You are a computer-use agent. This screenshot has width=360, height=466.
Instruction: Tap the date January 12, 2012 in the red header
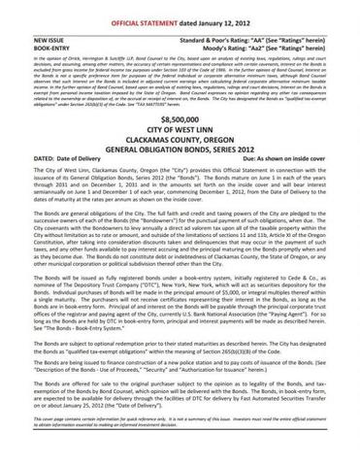click(226, 10)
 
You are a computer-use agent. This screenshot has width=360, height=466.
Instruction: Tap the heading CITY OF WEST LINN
click(180, 125)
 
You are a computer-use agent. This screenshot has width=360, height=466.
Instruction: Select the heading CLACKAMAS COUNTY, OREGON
click(180, 136)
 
